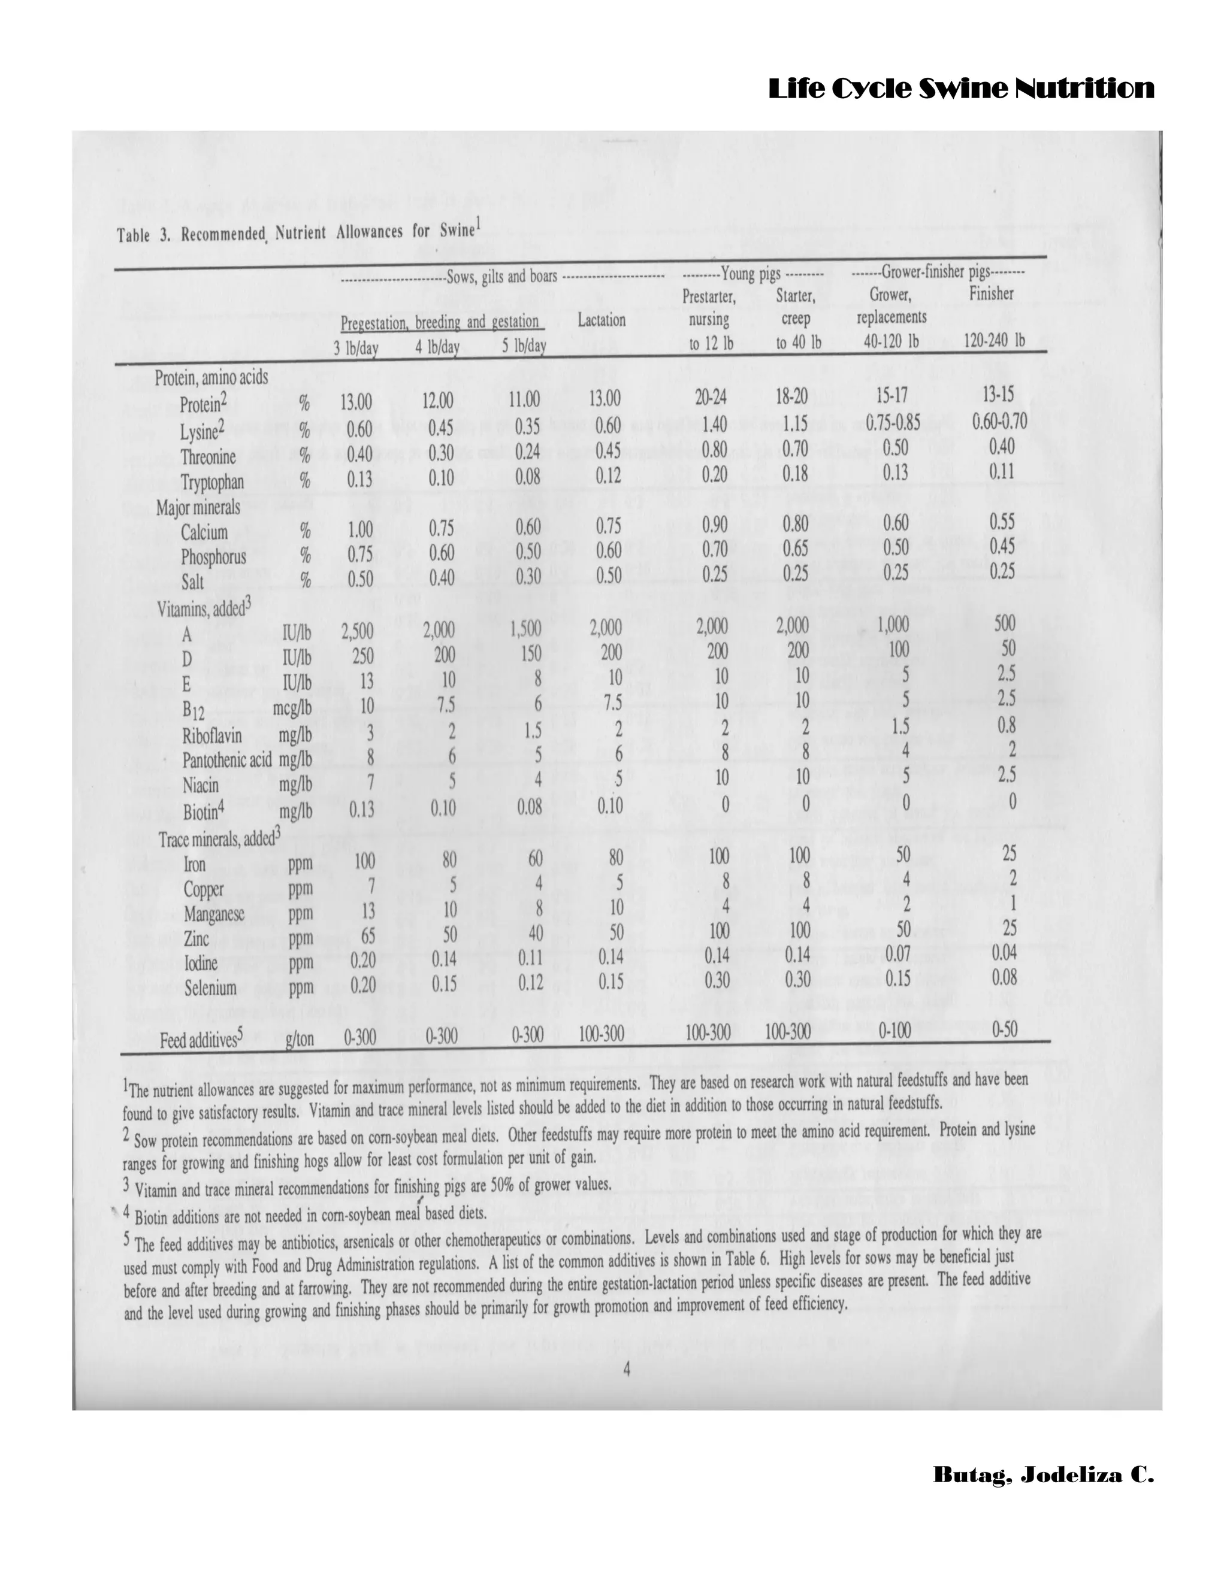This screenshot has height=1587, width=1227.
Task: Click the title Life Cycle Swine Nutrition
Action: tap(961, 89)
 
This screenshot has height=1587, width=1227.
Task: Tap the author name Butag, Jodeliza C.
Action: tap(1043, 1475)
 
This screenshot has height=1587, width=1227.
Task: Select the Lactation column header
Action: tap(601, 320)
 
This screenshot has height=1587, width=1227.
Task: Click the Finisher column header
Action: tap(991, 293)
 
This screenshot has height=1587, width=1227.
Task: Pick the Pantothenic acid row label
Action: tap(227, 760)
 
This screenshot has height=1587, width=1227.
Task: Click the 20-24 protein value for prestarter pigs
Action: tap(710, 396)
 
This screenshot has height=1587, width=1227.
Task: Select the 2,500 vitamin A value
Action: tap(357, 629)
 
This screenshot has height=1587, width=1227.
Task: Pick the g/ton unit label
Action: tap(300, 1039)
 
